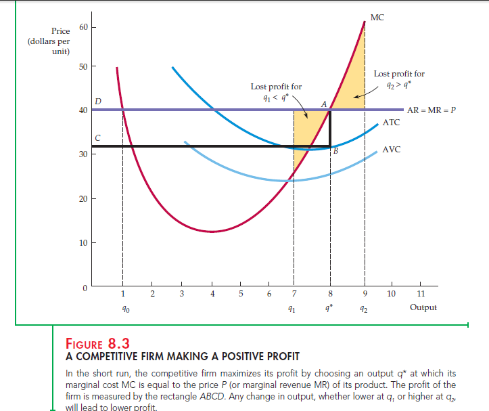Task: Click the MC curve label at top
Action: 377,18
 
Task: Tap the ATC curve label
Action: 391,123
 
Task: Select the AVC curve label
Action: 392,150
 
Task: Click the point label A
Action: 324,104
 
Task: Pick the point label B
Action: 334,150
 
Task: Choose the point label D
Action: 99,102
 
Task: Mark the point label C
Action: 98,138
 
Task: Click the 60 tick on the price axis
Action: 83,28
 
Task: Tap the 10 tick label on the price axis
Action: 83,242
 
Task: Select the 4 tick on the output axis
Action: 212,293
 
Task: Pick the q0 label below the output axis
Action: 122,308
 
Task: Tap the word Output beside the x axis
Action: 423,307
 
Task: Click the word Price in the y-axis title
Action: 60,31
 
